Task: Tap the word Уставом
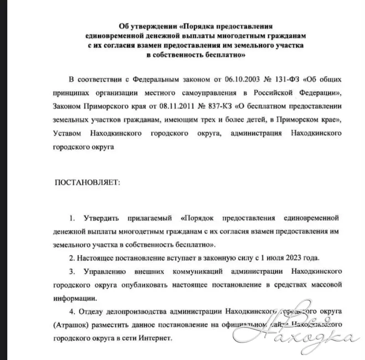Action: (x=69, y=133)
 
